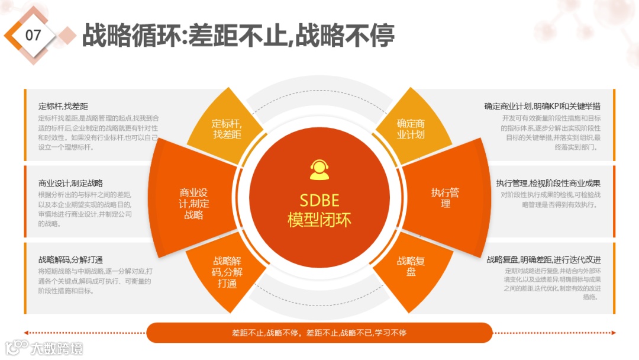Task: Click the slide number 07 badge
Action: [34, 35]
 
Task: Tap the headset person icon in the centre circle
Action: [319, 170]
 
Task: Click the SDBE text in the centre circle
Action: [319, 200]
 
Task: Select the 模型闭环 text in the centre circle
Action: [319, 220]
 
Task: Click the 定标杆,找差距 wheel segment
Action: [227, 128]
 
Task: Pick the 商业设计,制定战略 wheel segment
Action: [194, 204]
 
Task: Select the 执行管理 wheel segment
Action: [446, 198]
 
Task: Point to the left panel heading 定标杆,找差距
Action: [63, 107]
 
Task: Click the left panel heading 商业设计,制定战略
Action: [70, 184]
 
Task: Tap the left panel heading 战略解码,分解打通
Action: [71, 260]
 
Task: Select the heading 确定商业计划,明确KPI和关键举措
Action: [542, 107]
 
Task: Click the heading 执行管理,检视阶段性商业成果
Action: [548, 184]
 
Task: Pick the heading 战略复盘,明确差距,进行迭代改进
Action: [544, 260]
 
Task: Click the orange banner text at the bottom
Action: [319, 333]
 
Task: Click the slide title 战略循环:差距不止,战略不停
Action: [238, 36]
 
